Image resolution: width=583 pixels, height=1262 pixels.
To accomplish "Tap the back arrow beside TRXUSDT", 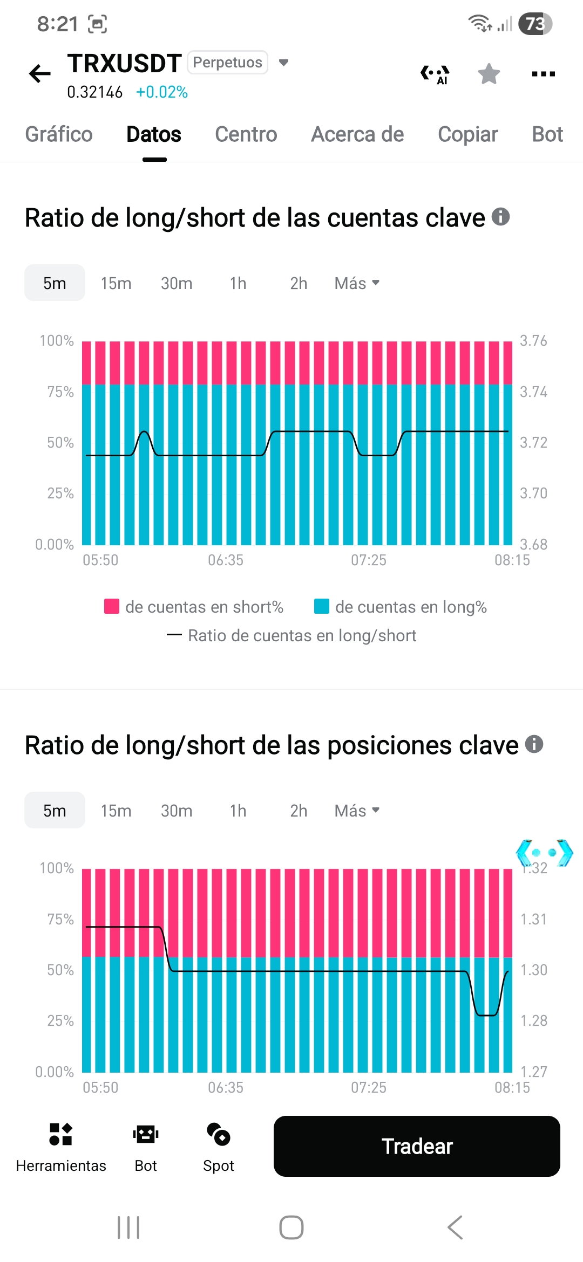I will pos(40,74).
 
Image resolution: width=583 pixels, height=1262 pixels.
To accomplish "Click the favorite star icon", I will pos(489,74).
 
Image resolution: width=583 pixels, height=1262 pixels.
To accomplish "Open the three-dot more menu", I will pos(543,74).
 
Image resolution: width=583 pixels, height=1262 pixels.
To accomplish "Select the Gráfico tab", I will pos(59,134).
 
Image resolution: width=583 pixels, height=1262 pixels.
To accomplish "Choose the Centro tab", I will pos(246,134).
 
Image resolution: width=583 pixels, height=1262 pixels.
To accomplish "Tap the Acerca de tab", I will pos(357,134).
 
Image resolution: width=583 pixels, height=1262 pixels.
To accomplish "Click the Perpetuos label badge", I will pos(227,63).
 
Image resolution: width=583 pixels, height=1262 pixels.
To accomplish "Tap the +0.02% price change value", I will pos(162,92).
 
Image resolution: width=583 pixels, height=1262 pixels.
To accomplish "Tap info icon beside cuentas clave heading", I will pos(500,217).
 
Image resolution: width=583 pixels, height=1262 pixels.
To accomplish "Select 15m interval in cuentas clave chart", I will pos(116,283).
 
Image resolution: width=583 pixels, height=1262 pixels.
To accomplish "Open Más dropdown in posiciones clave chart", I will pos(357,811).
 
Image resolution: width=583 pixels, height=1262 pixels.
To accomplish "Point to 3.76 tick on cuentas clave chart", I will pos(533,341).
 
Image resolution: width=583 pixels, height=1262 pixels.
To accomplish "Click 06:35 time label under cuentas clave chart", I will pos(226,560).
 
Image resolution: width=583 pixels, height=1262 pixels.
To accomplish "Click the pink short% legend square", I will pos(112,606).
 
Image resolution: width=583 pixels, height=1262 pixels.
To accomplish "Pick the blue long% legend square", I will pos(322,606).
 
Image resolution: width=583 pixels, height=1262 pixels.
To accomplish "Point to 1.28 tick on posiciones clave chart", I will pos(533,1020).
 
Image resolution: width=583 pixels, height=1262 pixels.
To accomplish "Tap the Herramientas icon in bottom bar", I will pos(61,1134).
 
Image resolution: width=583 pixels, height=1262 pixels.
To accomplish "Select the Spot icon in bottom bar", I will pos(219,1134).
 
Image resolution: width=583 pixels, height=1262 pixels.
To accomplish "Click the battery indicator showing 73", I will pos(535,24).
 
